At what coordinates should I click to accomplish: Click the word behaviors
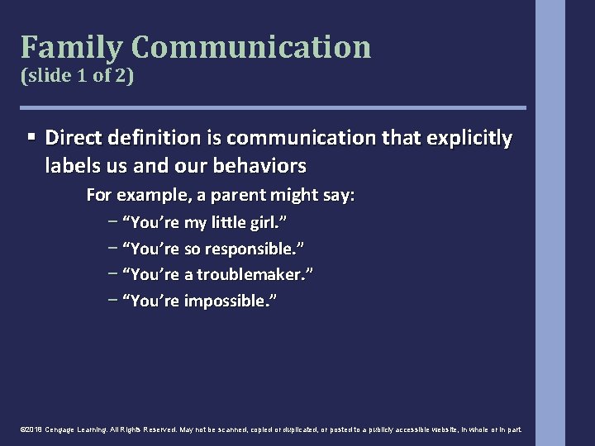pyautogui.click(x=257, y=166)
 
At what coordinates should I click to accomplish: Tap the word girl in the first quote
pyautogui.click(x=268, y=223)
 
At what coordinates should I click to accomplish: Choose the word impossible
pyautogui.click(x=228, y=301)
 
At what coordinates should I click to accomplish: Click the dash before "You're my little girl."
pyautogui.click(x=112, y=223)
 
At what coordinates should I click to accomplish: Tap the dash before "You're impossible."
pyautogui.click(x=112, y=301)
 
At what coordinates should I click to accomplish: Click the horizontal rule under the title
pyautogui.click(x=273, y=107)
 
